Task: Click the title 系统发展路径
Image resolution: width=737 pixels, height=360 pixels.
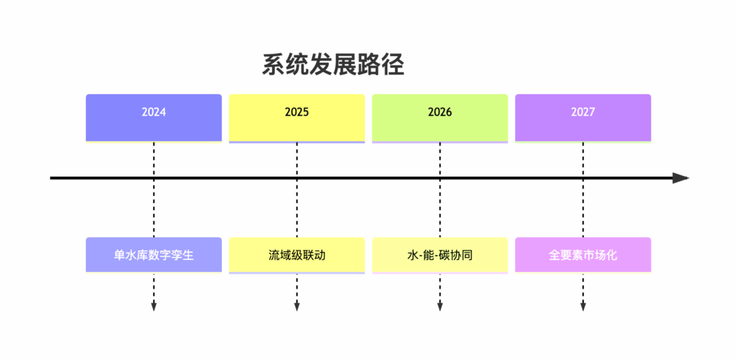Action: pyautogui.click(x=333, y=66)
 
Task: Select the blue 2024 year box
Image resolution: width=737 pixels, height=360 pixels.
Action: pyautogui.click(x=154, y=117)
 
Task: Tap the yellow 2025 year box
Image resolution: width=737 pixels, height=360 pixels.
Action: pyautogui.click(x=297, y=117)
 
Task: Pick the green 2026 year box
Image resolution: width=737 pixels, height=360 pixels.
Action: pyautogui.click(x=440, y=117)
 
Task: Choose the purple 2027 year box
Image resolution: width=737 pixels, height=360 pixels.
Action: pyautogui.click(x=583, y=117)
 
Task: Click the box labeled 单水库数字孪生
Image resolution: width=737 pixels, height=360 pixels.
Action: pyautogui.click(x=154, y=255)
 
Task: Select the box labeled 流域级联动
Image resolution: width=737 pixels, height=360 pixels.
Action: pyautogui.click(x=297, y=255)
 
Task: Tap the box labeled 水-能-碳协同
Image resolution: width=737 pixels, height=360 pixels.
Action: pyautogui.click(x=440, y=255)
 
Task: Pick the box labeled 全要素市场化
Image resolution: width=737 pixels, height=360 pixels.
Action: pyautogui.click(x=583, y=255)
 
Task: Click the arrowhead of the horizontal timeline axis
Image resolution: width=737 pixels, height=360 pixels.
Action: pyautogui.click(x=681, y=178)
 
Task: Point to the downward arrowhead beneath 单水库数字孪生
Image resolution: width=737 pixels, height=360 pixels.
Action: pyautogui.click(x=154, y=307)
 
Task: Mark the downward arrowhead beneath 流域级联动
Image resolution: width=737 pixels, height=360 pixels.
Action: pyautogui.click(x=297, y=307)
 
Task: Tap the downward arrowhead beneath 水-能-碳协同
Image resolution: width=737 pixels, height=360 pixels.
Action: pyautogui.click(x=440, y=307)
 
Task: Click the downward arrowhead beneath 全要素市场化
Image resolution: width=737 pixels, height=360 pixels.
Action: pyautogui.click(x=583, y=307)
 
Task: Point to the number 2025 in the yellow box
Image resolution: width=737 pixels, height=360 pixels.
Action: pyautogui.click(x=297, y=113)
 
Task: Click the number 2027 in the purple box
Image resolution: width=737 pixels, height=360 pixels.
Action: pyautogui.click(x=583, y=113)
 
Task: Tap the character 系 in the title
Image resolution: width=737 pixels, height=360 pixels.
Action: pyautogui.click(x=273, y=66)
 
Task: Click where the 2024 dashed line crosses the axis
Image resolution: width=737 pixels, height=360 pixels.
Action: pyautogui.click(x=154, y=178)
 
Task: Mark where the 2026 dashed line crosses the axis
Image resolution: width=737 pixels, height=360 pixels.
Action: pyautogui.click(x=440, y=178)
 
